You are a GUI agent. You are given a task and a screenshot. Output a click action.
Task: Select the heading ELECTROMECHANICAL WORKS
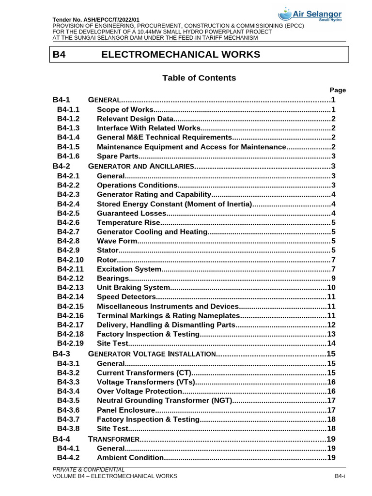coord(180,54)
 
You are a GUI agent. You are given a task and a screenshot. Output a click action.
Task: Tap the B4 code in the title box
coord(59,54)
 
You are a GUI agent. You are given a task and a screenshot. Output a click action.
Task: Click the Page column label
coord(338,90)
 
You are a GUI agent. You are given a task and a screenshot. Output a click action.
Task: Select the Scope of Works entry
coord(125,109)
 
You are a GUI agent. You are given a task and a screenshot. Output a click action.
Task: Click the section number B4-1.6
coord(68,156)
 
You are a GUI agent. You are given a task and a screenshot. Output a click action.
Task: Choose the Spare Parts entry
coord(118,156)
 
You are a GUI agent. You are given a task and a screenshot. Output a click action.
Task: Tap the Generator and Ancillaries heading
coord(140,166)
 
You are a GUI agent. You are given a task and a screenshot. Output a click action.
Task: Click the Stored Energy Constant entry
coord(174,203)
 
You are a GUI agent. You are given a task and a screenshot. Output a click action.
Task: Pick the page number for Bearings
coord(333,278)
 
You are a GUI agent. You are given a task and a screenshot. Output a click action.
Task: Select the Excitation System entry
coord(128,269)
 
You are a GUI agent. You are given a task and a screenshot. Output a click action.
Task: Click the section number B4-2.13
coord(70,287)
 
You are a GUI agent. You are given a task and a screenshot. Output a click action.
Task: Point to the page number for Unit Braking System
coord(331,287)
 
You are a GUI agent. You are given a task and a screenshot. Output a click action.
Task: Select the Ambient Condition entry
coord(130,458)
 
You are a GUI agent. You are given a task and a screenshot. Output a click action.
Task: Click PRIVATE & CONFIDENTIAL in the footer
coord(89,469)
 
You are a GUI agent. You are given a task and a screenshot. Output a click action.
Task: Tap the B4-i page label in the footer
coord(340,477)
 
